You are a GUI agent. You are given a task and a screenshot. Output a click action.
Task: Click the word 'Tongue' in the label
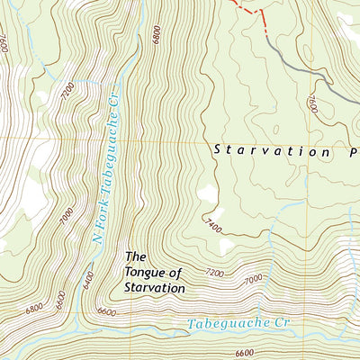coord(148,273)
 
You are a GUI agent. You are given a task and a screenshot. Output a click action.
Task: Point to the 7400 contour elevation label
coord(212,222)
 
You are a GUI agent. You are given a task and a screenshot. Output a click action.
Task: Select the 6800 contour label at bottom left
coord(34,309)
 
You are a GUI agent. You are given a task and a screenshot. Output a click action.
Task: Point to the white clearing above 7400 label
coord(207,193)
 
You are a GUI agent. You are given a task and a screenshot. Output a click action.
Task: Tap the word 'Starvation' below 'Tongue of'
coord(155,289)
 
